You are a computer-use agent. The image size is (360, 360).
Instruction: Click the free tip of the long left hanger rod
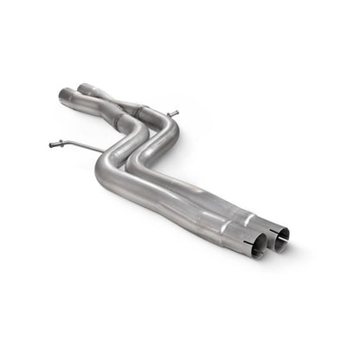(51, 145)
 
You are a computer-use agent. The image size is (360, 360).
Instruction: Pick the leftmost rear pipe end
(64, 92)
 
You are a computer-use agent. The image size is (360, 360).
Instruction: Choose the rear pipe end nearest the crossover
(84, 87)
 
